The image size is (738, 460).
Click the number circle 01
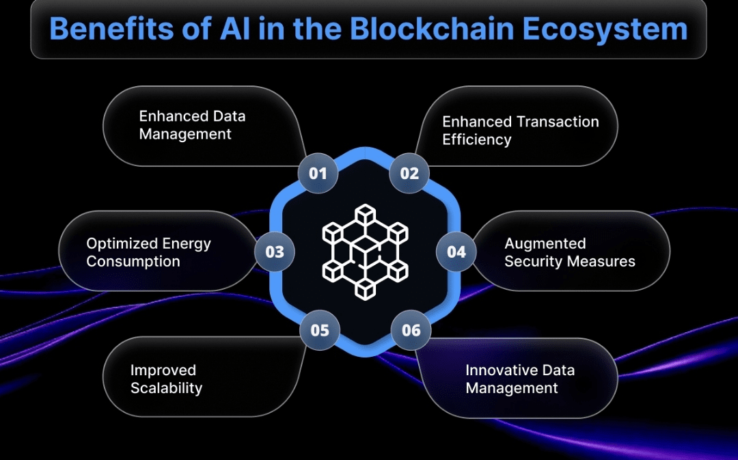point(318,173)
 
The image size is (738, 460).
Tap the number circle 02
point(409,173)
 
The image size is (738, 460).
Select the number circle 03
point(275,252)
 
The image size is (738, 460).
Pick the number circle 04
point(456,252)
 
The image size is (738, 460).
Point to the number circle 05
point(320,330)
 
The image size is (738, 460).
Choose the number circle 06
point(411,330)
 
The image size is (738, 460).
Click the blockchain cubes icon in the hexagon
point(365,251)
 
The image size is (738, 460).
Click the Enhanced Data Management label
point(192,125)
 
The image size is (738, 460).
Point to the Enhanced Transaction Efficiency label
point(520,131)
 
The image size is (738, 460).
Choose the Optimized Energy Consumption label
point(148,252)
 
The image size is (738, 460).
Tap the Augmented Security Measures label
point(569,252)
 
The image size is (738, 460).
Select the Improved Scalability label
point(166,379)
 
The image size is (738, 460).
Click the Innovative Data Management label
point(519,379)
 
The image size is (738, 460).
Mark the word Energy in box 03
point(187,244)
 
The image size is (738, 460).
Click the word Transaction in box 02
point(558,122)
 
